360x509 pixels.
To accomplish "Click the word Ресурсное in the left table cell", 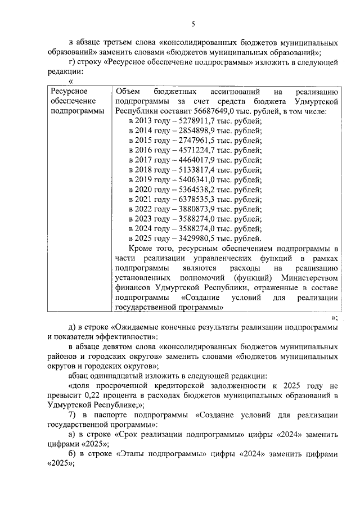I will coord(67,92).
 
